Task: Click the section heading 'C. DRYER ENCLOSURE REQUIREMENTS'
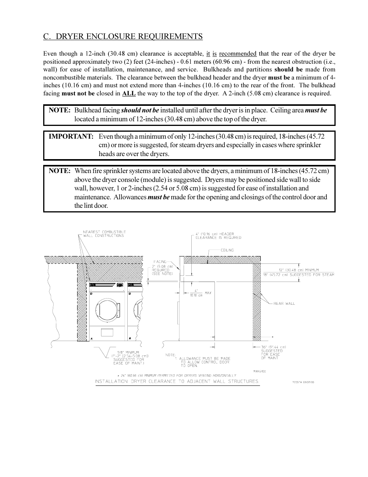(123, 36)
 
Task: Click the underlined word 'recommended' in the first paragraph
(238, 54)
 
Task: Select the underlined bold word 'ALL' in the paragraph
(128, 93)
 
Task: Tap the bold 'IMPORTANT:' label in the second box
(71, 136)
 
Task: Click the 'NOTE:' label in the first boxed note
(59, 110)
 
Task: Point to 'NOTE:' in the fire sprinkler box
(59, 171)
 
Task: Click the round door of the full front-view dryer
(108, 309)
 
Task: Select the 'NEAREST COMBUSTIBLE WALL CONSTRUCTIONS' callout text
(104, 234)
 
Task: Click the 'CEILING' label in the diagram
(227, 250)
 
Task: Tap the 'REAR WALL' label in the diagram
(284, 304)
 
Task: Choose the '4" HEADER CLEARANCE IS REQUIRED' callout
(218, 236)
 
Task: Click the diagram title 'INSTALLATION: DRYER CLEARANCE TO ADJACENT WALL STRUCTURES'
(177, 381)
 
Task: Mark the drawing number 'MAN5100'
(260, 371)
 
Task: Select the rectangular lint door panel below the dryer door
(109, 332)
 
